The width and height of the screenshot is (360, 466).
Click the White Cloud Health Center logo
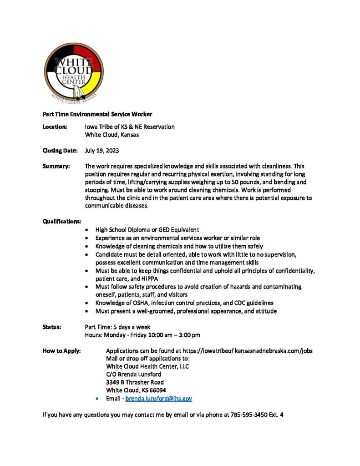[x=74, y=73]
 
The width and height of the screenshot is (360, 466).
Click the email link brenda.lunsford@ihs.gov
[x=158, y=398]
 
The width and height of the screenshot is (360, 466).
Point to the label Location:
[x=55, y=127]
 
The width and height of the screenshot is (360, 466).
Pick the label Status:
[x=52, y=327]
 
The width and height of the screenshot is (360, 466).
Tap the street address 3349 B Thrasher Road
[x=135, y=382]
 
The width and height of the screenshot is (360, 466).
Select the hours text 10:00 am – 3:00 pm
[x=175, y=335]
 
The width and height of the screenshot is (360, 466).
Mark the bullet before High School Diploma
[x=87, y=230]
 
